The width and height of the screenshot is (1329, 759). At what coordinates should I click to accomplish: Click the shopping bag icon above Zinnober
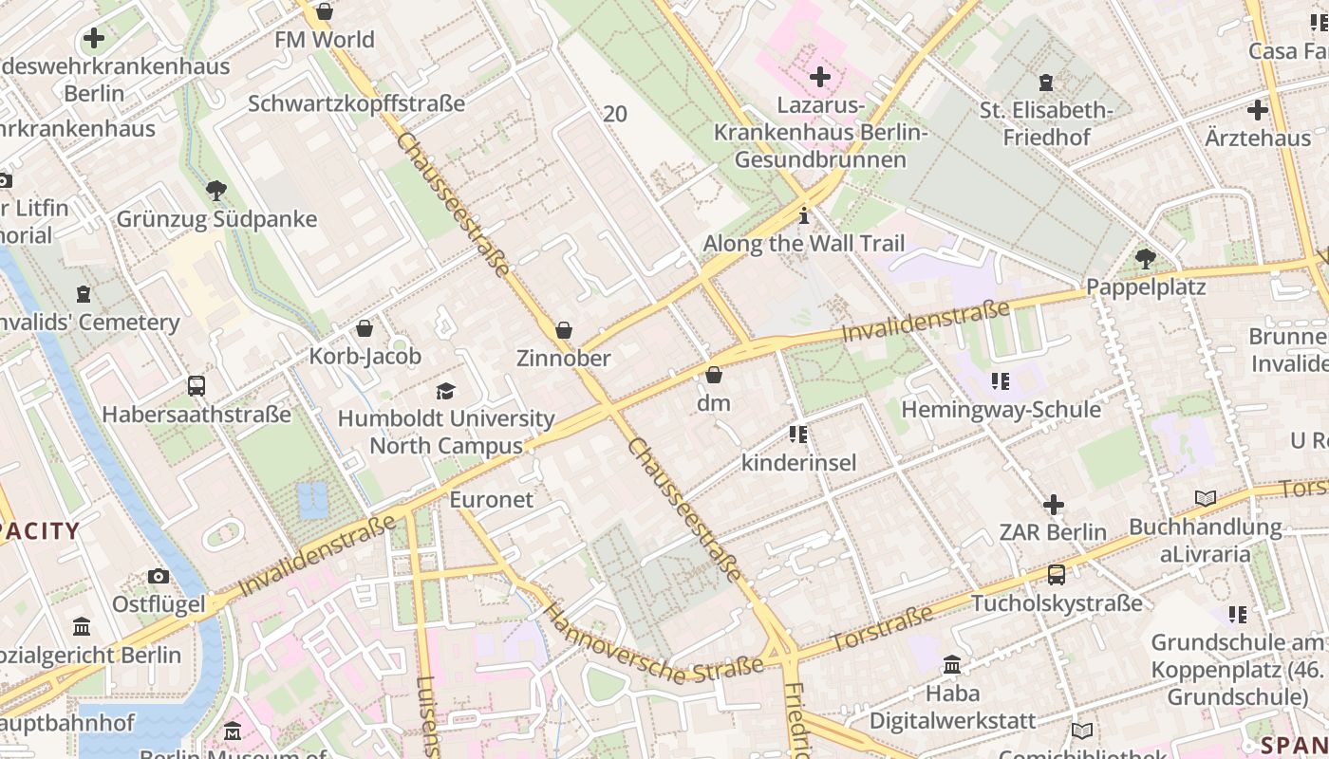[x=564, y=330]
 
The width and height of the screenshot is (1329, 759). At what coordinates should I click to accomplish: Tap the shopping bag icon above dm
[x=714, y=376]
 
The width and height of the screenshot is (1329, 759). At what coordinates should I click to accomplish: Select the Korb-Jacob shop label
[x=365, y=357]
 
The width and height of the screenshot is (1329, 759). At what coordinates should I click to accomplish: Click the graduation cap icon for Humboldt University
[x=445, y=391]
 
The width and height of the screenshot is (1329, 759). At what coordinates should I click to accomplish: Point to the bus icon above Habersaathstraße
[x=197, y=386]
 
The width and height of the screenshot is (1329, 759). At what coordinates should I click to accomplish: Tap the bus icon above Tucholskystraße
[x=1057, y=575]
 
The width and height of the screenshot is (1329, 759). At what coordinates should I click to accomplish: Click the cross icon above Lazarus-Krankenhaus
[x=820, y=77]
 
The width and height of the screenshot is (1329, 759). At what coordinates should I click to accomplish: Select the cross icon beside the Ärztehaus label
[x=1258, y=110]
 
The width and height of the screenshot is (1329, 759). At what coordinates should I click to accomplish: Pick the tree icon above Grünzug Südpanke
[x=216, y=191]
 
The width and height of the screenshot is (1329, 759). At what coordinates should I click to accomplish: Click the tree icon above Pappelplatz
[x=1146, y=258]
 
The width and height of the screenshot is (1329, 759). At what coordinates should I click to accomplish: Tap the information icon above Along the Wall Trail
[x=804, y=216]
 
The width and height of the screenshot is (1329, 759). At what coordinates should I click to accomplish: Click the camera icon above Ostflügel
[x=159, y=576]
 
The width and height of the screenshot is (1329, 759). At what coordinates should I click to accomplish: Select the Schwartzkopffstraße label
[x=356, y=103]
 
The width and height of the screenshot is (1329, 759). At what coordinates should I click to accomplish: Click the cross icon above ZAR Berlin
[x=1053, y=505]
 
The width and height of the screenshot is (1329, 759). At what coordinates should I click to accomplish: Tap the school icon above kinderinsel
[x=798, y=435]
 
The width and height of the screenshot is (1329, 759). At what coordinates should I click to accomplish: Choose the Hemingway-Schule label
[x=1001, y=410]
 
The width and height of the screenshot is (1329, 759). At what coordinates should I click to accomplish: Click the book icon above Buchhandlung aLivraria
[x=1205, y=499]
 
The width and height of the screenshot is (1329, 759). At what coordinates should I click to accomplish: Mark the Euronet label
[x=491, y=499]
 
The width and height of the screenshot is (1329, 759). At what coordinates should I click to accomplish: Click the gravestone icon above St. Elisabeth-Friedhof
[x=1046, y=83]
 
